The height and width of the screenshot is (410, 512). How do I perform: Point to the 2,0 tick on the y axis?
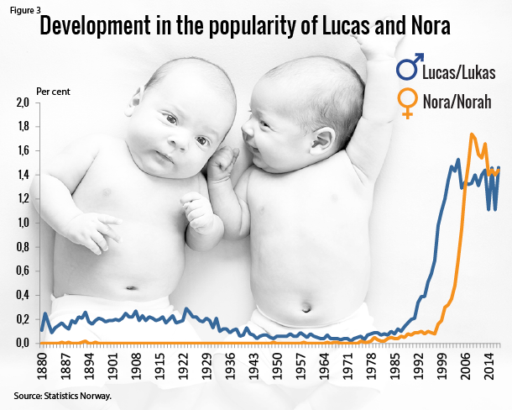[23, 103]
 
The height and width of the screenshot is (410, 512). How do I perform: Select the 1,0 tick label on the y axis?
[23, 223]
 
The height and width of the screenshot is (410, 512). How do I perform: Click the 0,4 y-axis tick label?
[23, 296]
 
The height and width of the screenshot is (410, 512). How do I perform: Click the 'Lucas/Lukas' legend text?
[458, 72]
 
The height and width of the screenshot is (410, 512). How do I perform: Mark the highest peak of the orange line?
[472, 134]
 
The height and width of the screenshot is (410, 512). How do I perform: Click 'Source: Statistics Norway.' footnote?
[61, 394]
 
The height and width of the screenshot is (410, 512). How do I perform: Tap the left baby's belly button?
[132, 288]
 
